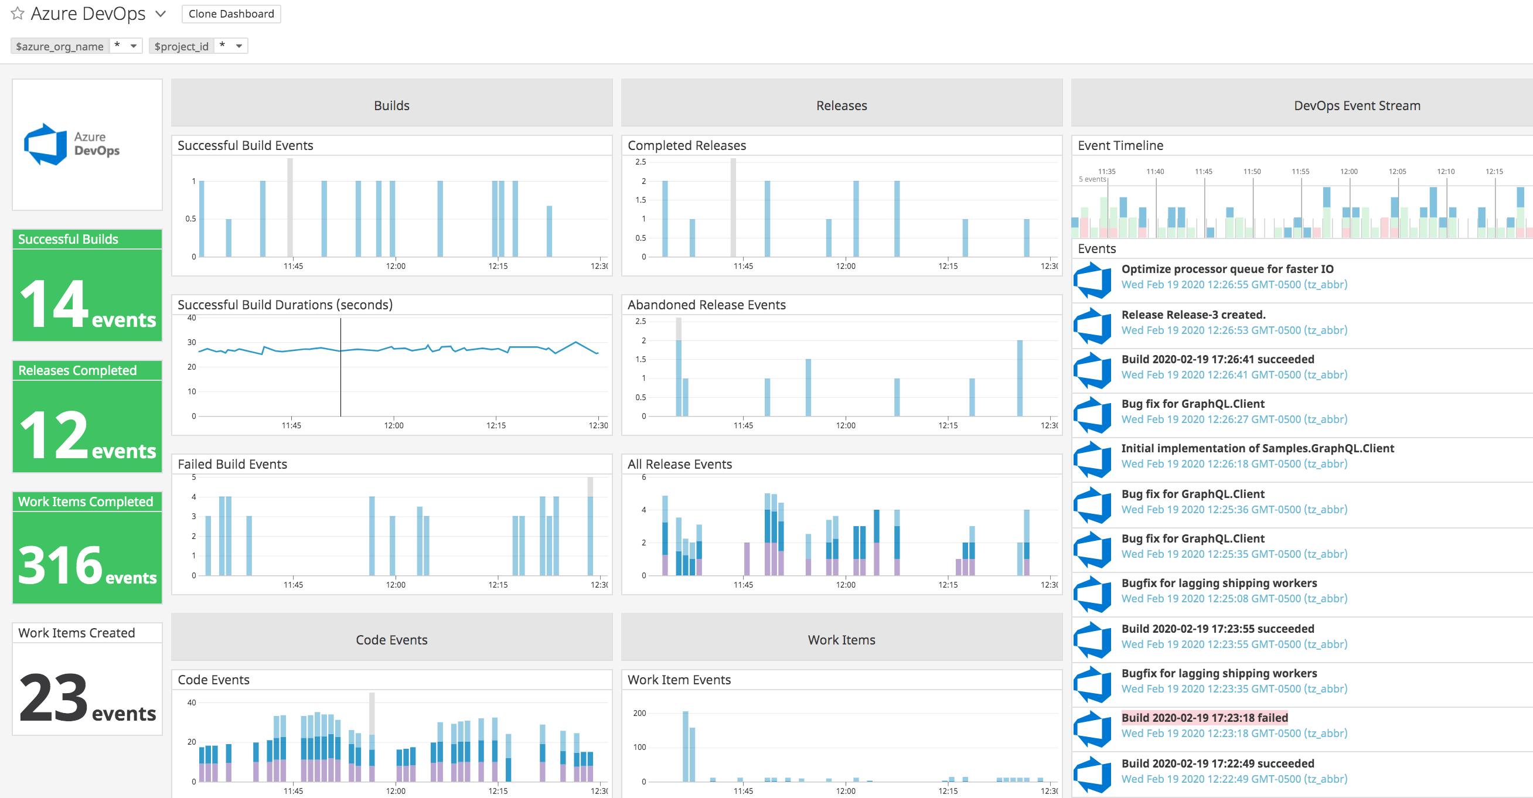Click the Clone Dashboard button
[231, 13]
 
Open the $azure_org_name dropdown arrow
[133, 46]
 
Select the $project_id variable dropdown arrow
[239, 46]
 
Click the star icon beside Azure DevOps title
[18, 13]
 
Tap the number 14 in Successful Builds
[53, 304]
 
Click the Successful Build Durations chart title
[285, 305]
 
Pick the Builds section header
[391, 105]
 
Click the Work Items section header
[842, 640]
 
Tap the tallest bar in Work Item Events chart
[686, 746]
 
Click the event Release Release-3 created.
[1193, 315]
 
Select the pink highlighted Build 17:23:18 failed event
[1204, 718]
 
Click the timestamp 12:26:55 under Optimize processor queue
[1234, 284]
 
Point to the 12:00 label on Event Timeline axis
[1348, 172]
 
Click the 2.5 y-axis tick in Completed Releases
[641, 162]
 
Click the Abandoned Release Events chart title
[706, 305]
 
